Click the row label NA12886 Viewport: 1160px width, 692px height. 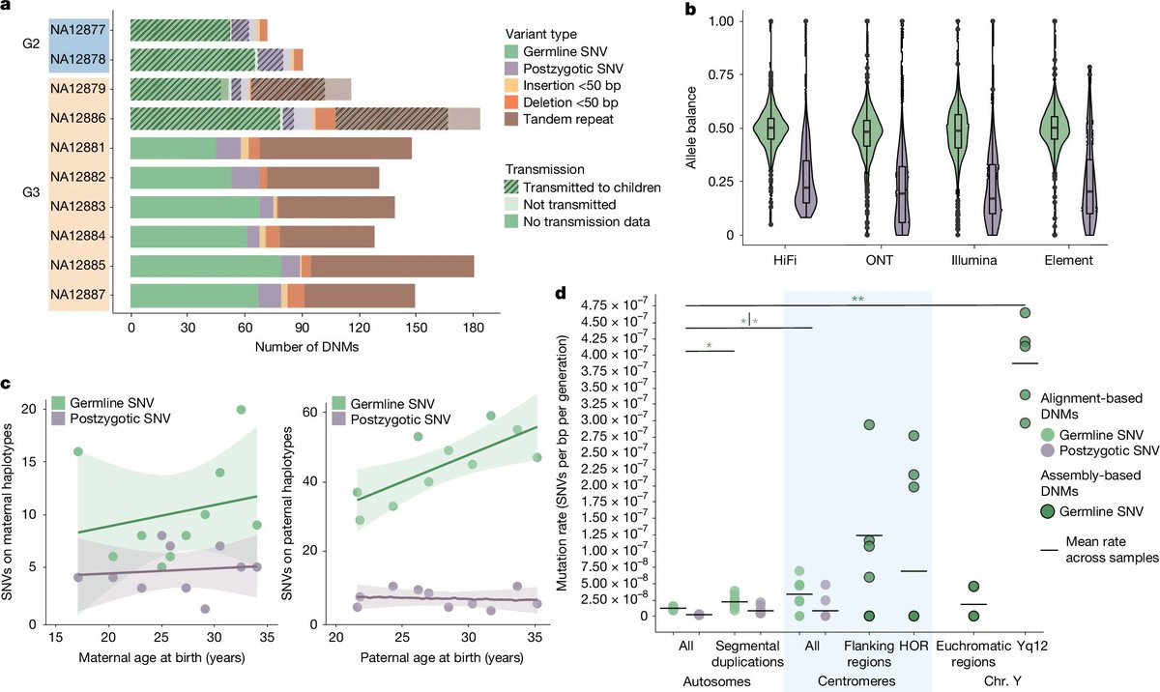coord(79,119)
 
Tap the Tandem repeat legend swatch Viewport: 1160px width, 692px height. coord(511,120)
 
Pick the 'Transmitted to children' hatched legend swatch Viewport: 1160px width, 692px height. coord(511,187)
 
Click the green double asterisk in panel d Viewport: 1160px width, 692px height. coord(857,300)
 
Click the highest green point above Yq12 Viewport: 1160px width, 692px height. coord(1026,312)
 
